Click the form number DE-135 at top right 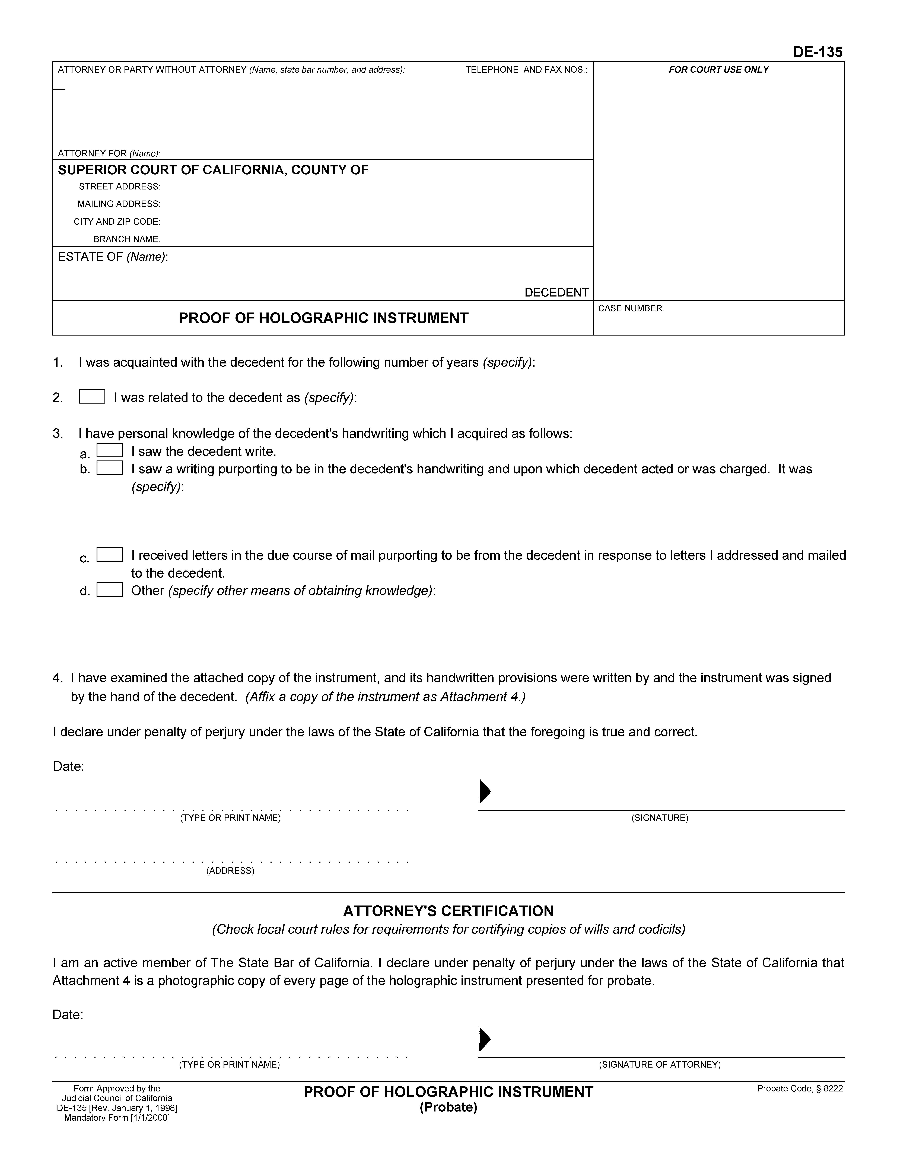coord(817,52)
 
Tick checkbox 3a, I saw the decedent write coord(109,450)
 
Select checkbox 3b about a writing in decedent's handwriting coord(109,468)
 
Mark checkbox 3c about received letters coord(109,555)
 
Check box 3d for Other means coord(109,590)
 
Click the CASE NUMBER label coord(631,309)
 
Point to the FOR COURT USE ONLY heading coord(718,70)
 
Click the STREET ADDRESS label coord(120,186)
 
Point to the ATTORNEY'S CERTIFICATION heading coord(448,911)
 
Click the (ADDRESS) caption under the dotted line coord(230,871)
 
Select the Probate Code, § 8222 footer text coord(800,1089)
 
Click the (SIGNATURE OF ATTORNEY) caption coord(659,1065)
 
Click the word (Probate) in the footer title coord(448,1107)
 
